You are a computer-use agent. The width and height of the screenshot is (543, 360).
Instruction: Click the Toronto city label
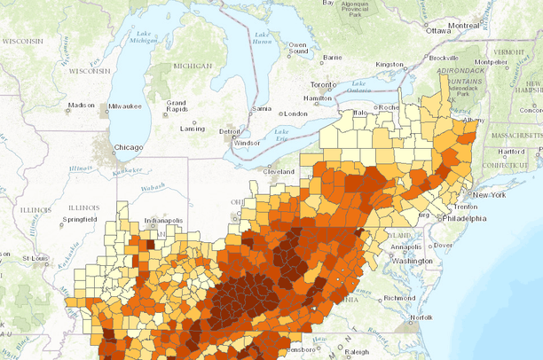[324, 85]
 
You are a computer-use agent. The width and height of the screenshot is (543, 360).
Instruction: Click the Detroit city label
[229, 131]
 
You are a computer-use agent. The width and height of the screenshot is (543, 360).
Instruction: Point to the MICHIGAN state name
[193, 66]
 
